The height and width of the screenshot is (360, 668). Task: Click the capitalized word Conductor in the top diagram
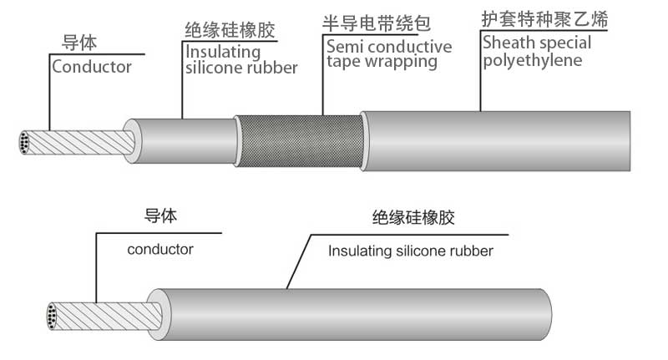click(92, 67)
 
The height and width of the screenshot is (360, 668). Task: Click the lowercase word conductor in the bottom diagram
click(160, 249)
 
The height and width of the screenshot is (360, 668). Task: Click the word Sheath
click(508, 43)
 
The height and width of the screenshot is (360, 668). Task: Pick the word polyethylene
click(531, 60)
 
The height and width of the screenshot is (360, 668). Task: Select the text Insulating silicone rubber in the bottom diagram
click(411, 251)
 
